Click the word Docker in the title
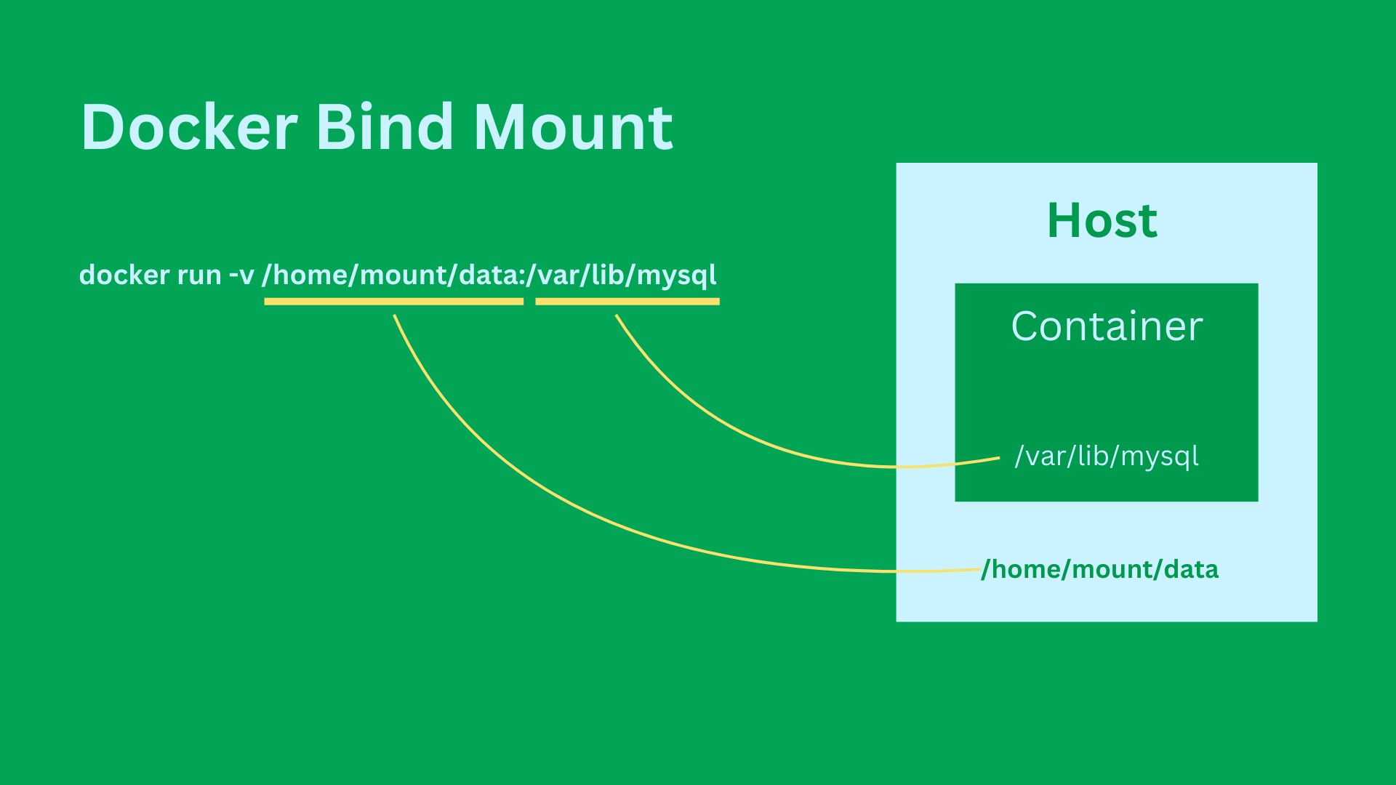click(x=189, y=127)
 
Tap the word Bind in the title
click(x=385, y=127)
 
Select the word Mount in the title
click(x=574, y=127)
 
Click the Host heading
click(x=1102, y=220)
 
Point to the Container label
click(x=1107, y=326)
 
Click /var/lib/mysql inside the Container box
click(x=1107, y=456)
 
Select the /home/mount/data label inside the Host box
click(x=1100, y=569)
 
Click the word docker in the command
click(x=124, y=275)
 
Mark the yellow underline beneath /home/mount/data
click(x=394, y=302)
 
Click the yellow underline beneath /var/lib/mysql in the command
click(x=627, y=302)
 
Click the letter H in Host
click(x=1062, y=220)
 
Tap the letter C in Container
click(x=1026, y=326)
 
